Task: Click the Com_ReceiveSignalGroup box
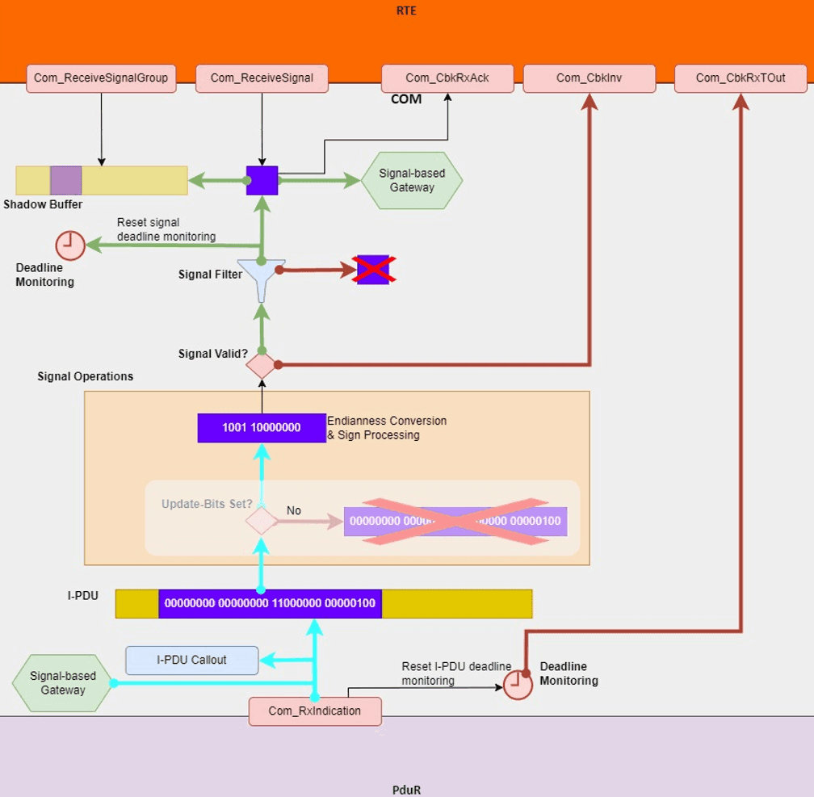pos(101,78)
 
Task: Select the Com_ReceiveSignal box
pos(262,78)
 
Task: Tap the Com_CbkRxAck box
pos(447,78)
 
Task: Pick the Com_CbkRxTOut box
pos(741,78)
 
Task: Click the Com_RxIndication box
pos(314,711)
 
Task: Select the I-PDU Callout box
pos(191,660)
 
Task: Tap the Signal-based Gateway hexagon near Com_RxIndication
pos(63,683)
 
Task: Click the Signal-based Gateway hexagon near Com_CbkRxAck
pos(412,180)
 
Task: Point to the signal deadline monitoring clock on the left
pos(70,245)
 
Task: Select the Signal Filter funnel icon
pos(261,279)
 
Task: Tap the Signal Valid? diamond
pos(261,365)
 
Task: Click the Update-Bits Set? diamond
pos(261,521)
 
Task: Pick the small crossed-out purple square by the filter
pos(374,270)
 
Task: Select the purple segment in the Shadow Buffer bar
pos(65,180)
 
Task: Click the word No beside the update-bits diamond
pos(294,510)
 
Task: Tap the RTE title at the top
pos(407,11)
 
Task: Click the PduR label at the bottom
pos(406,790)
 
